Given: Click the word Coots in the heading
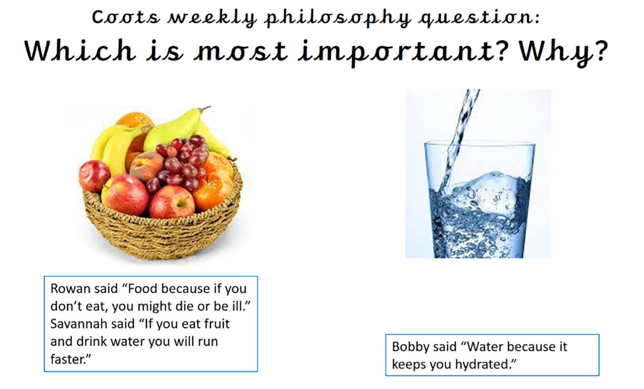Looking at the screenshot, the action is (x=126, y=17).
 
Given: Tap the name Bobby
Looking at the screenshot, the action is (x=410, y=347).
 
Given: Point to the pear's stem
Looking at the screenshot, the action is (x=205, y=108).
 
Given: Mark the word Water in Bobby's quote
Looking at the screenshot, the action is (x=484, y=347).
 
